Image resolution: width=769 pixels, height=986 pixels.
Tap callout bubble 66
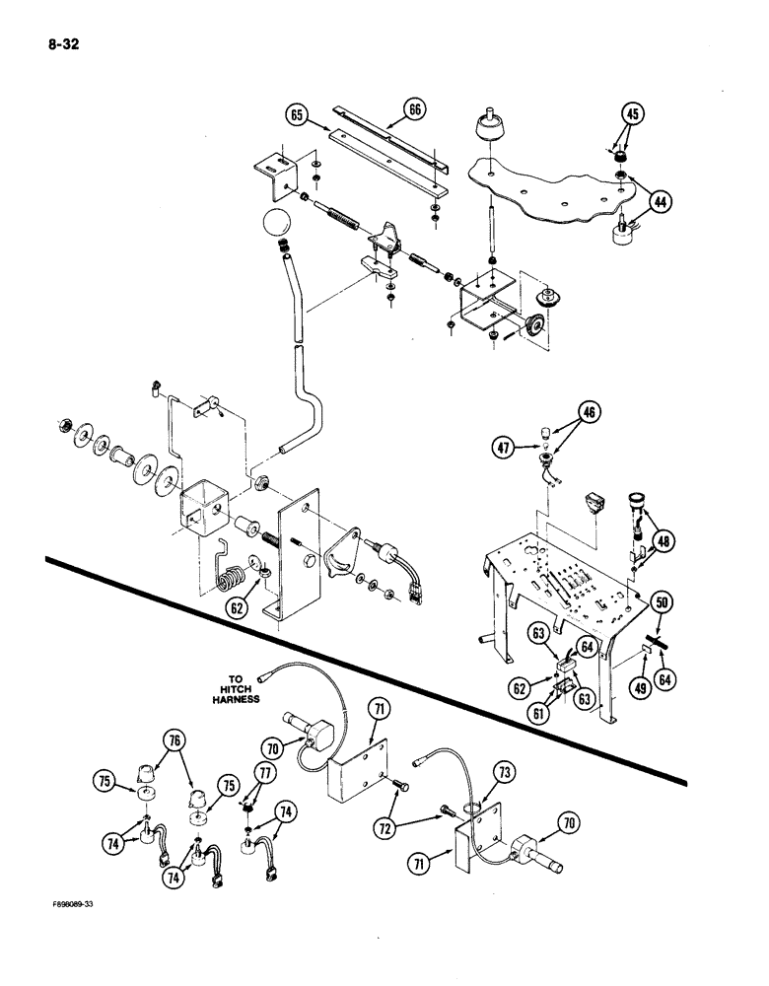(413, 109)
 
